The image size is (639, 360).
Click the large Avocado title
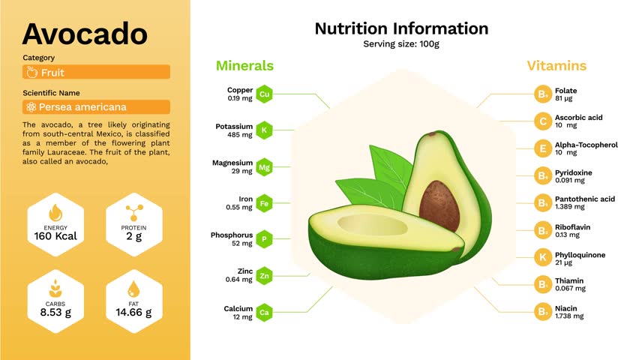click(85, 34)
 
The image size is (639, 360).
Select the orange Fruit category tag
click(96, 72)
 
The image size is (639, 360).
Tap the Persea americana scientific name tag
click(96, 107)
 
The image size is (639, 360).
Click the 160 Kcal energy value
click(55, 236)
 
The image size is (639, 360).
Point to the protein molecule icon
click(133, 211)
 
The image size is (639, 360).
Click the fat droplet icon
click(133, 288)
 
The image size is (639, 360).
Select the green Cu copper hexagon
click(264, 94)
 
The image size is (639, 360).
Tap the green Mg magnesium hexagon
click(264, 167)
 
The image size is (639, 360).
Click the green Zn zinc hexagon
click(264, 276)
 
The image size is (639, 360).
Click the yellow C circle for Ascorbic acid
click(542, 121)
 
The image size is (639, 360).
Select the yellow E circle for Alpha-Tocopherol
click(542, 148)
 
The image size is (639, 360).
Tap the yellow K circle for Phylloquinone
click(542, 258)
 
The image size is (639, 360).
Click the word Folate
click(565, 91)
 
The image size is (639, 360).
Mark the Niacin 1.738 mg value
click(569, 316)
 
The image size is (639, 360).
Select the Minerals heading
click(244, 66)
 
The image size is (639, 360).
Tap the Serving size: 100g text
click(400, 44)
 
